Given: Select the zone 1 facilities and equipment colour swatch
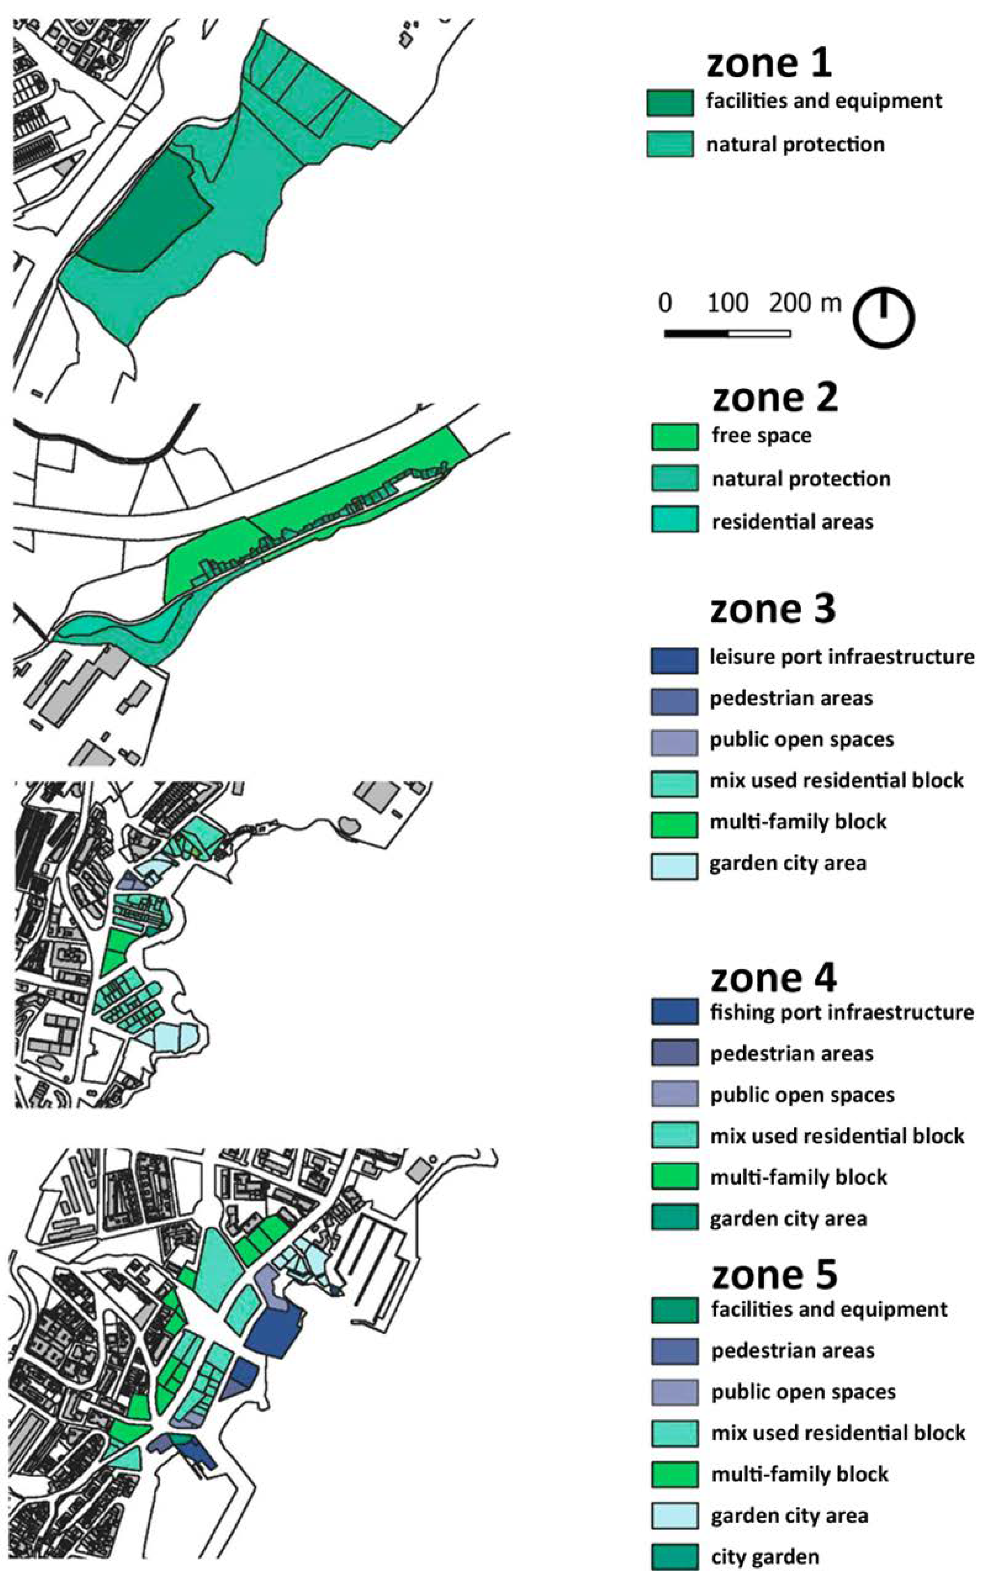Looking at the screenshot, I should (669, 102).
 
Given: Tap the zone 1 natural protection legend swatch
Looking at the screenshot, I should (669, 144).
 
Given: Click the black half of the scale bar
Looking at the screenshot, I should (696, 333).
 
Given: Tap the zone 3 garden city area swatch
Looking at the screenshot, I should (674, 866).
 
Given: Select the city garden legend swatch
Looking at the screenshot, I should (674, 1557).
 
